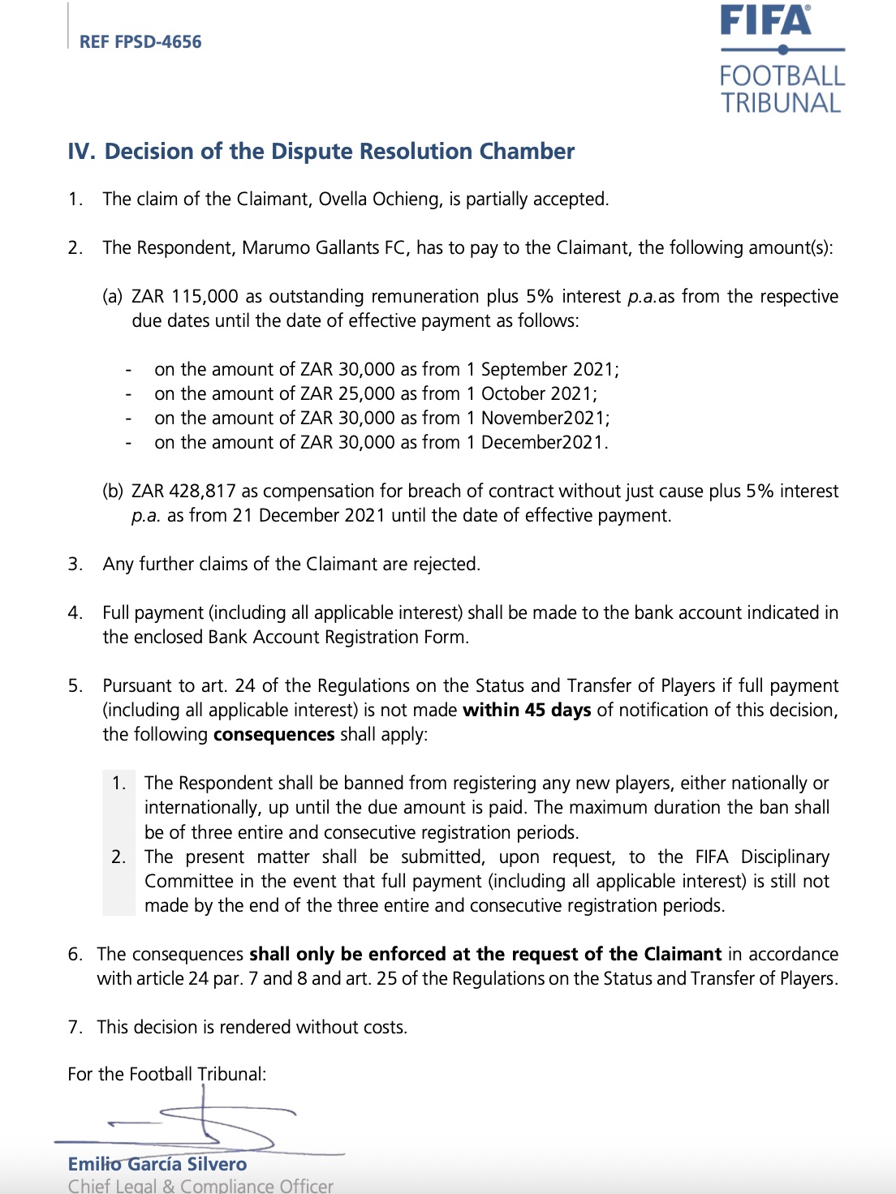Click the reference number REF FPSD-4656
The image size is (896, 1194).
[x=140, y=42]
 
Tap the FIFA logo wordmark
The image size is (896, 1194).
[x=765, y=21]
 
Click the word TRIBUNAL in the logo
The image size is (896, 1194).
[x=781, y=104]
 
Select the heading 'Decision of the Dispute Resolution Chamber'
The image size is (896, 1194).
[x=339, y=152]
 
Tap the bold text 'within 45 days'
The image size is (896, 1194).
[x=526, y=711]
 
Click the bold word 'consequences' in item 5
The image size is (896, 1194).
[x=274, y=735]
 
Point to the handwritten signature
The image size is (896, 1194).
[x=203, y=1123]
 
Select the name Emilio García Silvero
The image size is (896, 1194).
[x=157, y=1165]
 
